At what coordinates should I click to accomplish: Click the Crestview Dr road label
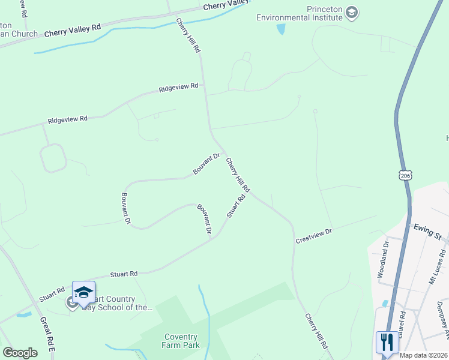point(314,236)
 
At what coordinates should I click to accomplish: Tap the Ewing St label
point(427,231)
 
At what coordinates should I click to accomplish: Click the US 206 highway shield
point(406,175)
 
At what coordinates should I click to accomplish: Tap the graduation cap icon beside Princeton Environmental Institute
point(352,13)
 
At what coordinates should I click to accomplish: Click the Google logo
point(20,352)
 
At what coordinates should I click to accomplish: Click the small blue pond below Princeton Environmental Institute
point(280,28)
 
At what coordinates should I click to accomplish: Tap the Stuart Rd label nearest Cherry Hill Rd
point(236,206)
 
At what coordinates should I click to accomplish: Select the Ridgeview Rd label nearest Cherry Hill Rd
point(178,88)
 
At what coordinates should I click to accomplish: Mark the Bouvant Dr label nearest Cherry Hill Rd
point(206,164)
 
